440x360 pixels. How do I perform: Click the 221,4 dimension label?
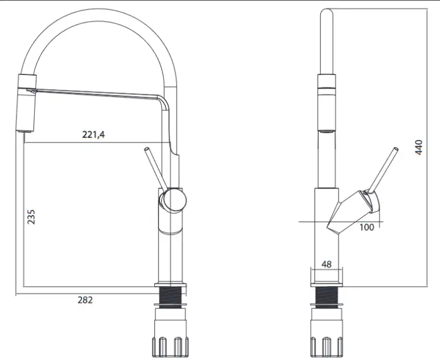click(x=93, y=135)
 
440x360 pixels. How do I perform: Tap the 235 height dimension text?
click(x=31, y=216)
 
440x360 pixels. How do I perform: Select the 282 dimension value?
click(x=85, y=300)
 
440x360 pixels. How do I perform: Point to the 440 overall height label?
click(x=419, y=147)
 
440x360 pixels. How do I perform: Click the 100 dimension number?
click(x=367, y=227)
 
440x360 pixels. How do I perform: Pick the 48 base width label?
click(x=326, y=264)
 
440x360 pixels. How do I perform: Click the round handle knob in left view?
click(x=174, y=200)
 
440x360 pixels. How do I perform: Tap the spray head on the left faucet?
click(x=26, y=103)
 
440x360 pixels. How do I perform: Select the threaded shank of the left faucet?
click(x=171, y=295)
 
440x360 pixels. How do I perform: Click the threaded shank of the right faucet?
click(x=326, y=295)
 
